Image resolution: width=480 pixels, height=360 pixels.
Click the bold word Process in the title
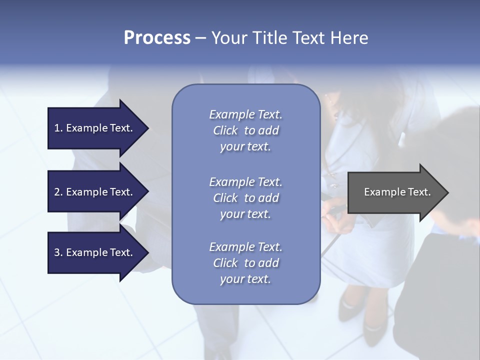[x=157, y=38]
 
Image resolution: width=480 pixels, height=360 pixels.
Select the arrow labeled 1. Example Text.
[x=95, y=128]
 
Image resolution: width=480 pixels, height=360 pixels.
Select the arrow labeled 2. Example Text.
[x=95, y=192]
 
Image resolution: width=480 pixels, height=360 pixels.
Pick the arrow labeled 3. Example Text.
[x=95, y=252]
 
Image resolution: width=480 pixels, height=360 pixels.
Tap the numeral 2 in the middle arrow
[x=57, y=192]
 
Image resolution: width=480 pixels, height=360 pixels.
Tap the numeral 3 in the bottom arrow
[x=57, y=252]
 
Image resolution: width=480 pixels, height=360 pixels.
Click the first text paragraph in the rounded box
[x=245, y=130]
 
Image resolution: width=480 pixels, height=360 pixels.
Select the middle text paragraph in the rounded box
[x=245, y=198]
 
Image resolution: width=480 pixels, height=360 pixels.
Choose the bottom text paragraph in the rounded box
[x=245, y=263]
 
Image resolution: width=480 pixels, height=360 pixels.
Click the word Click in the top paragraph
[x=225, y=130]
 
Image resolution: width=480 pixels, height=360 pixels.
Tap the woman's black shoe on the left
[x=348, y=306]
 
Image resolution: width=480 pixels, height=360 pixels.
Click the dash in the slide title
[x=201, y=38]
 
